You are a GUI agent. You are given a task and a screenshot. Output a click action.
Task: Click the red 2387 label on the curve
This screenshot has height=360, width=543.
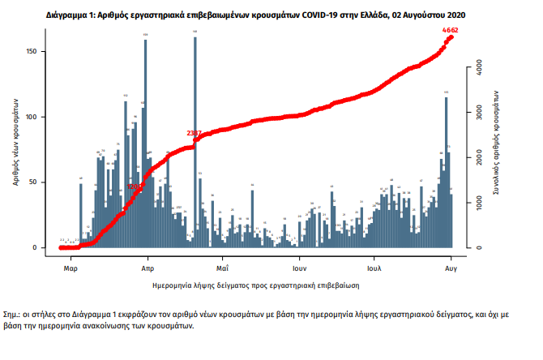[195, 132]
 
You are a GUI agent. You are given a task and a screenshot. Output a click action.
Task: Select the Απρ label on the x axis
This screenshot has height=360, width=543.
[148, 266]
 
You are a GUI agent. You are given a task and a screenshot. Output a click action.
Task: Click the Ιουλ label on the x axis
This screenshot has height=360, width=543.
[374, 266]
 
